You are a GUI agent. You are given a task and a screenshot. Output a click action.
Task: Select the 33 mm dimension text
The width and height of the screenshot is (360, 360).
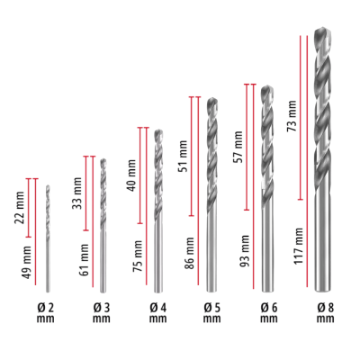click(x=78, y=191)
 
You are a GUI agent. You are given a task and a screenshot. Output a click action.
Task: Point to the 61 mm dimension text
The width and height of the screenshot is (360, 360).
click(x=85, y=259)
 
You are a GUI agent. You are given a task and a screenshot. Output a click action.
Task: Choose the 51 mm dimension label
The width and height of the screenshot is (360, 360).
click(x=184, y=156)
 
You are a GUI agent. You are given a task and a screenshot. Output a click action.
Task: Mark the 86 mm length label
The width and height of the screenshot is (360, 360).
click(x=190, y=252)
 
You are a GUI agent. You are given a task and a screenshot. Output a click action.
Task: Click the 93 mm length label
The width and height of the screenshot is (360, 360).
click(x=246, y=248)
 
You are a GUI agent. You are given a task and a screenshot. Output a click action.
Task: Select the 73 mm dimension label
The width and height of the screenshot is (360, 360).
click(x=291, y=116)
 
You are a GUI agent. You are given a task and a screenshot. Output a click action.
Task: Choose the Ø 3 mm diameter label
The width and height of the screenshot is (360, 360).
click(x=102, y=312)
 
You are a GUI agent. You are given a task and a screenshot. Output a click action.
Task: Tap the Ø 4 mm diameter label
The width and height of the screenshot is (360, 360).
click(x=157, y=312)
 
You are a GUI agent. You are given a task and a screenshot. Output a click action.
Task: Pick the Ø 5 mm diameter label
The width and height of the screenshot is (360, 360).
click(x=211, y=312)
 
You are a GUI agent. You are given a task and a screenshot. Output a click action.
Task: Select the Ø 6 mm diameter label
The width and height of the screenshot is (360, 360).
click(x=268, y=312)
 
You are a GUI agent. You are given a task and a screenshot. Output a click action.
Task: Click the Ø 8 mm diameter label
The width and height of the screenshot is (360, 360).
click(x=325, y=312)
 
